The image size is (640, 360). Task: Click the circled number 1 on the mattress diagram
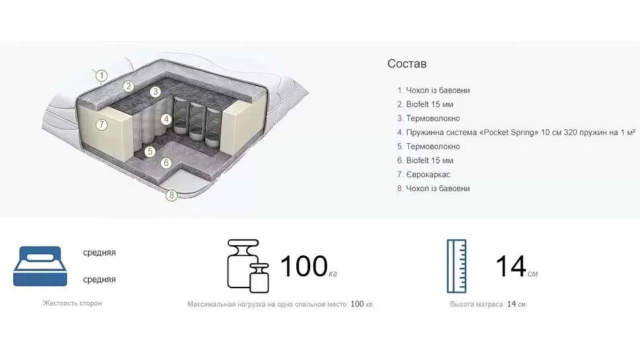(102, 75)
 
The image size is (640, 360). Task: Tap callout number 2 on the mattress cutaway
(129, 86)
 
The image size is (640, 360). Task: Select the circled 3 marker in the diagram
(155, 92)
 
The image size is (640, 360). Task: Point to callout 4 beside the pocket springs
(166, 119)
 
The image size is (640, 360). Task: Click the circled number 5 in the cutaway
(150, 152)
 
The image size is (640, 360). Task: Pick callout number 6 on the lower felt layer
(166, 163)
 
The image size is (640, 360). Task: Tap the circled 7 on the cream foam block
(101, 125)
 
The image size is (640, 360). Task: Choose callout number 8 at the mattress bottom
(172, 195)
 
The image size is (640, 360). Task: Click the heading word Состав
(407, 63)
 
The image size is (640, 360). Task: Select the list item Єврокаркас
(428, 175)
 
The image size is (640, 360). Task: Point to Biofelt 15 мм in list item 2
(430, 104)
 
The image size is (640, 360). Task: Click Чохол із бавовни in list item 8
(438, 189)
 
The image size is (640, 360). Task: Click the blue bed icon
(40, 266)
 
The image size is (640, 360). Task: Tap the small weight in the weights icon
(259, 278)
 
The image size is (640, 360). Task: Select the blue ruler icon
(457, 266)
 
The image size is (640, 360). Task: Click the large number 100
(304, 266)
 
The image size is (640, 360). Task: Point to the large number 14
(511, 266)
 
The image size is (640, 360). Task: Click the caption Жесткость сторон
(72, 303)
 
